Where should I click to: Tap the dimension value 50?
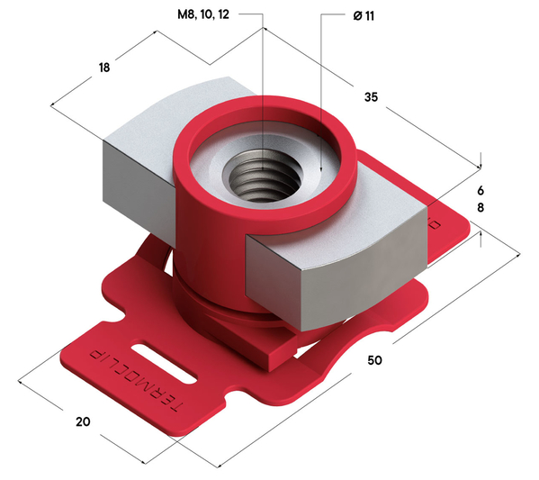point(378,360)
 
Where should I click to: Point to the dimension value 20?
point(84,421)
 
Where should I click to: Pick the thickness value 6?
point(481,191)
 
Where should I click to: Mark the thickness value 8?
point(481,208)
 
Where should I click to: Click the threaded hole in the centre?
point(261,171)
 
